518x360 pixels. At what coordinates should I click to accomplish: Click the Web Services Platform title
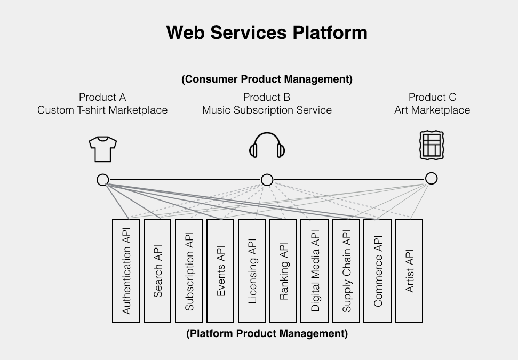coord(267,33)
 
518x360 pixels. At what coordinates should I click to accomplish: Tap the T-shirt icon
coord(102,149)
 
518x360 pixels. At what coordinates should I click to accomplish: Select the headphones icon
coord(267,146)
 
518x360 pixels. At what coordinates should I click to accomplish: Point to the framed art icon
coord(432,145)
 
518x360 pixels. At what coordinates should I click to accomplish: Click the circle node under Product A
coord(103,180)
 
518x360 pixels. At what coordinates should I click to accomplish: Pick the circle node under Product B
coord(267,180)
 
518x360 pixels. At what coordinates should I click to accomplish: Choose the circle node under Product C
coord(431,178)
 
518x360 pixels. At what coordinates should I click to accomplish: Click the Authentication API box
coord(126,271)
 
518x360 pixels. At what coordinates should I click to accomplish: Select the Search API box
coord(157,271)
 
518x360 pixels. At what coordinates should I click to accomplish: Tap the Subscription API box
coord(189,271)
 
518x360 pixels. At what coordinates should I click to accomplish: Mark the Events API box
coord(220,271)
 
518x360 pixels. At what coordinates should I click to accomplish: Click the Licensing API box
coord(252,271)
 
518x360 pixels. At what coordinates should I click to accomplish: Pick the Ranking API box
coord(283,271)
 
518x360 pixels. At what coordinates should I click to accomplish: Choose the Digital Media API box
coord(315,271)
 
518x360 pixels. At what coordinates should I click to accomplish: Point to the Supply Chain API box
coord(346,271)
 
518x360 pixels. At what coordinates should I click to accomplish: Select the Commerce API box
coord(378,271)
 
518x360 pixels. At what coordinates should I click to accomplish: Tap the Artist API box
coord(409,271)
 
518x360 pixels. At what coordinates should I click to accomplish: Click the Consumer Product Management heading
coord(267,79)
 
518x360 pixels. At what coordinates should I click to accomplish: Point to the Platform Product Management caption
coord(267,334)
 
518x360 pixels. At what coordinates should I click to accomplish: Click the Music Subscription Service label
coord(267,110)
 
